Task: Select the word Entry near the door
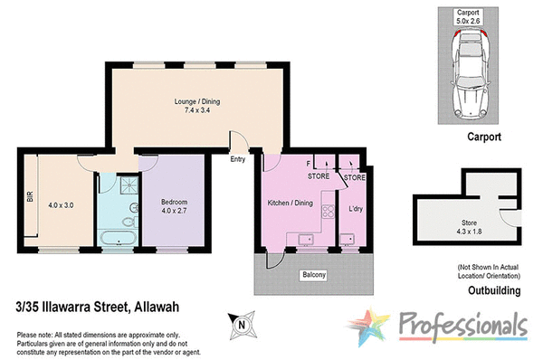tap(239, 160)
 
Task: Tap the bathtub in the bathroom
tap(118, 239)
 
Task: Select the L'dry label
tap(356, 211)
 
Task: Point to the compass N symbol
tap(242, 321)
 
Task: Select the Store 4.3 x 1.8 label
tap(471, 227)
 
